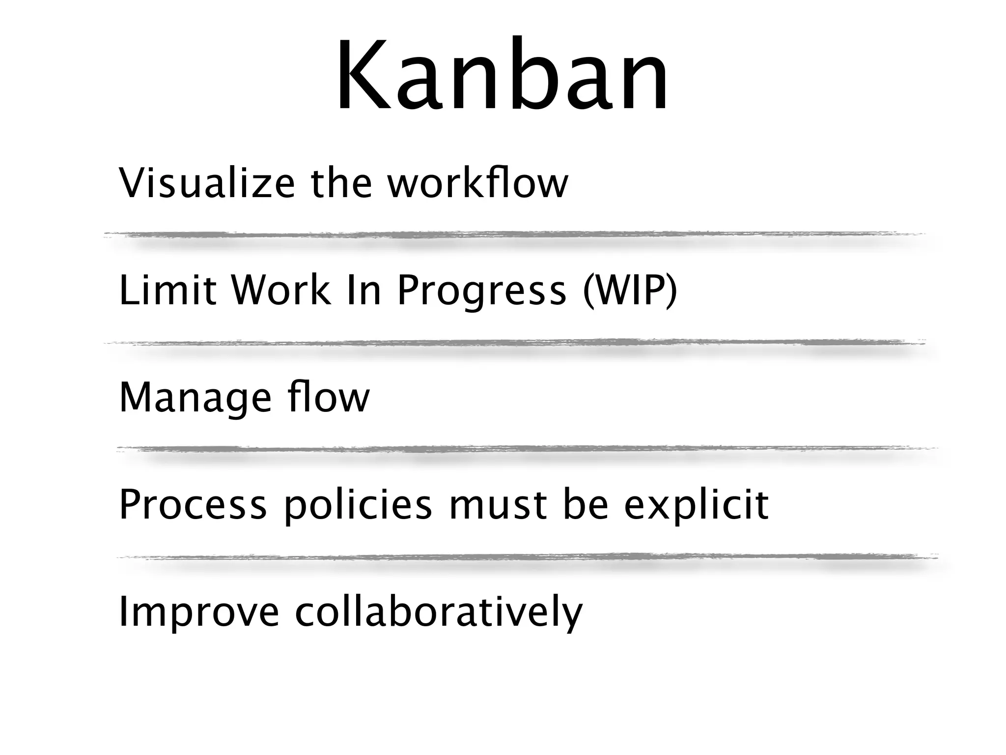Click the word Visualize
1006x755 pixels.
pyautogui.click(x=207, y=184)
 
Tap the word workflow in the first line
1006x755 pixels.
pyautogui.click(x=477, y=184)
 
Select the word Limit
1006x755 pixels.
pyautogui.click(x=168, y=290)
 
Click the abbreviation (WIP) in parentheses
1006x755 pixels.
pyautogui.click(x=629, y=291)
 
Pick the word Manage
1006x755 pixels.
pyautogui.click(x=195, y=398)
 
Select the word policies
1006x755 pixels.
pyautogui.click(x=358, y=506)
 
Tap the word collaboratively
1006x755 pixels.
pyautogui.click(x=438, y=612)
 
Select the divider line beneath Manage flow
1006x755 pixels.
pyautogui.click(x=527, y=449)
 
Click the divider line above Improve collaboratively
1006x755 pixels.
pyautogui.click(x=527, y=557)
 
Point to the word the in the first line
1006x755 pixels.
pyautogui.click(x=341, y=184)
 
